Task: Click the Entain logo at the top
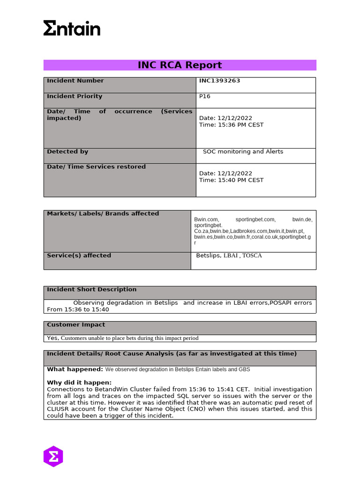[72, 28]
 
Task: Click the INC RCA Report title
[180, 65]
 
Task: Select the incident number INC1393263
[219, 81]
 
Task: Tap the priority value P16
[205, 96]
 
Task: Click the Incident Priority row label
[75, 96]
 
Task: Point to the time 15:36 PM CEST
[231, 125]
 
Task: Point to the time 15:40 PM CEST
[231, 180]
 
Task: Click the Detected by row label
[67, 151]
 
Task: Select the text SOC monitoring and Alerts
[243, 151]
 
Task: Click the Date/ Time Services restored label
[96, 166]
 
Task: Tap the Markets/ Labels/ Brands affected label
[103, 213]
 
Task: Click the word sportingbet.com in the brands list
[255, 219]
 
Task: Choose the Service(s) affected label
[79, 255]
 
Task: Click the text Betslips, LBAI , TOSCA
[229, 255]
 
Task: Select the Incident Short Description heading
[91, 289]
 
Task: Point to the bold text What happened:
[75, 369]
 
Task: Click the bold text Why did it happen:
[79, 382]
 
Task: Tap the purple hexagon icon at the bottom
[53, 456]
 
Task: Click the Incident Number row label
[75, 81]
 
